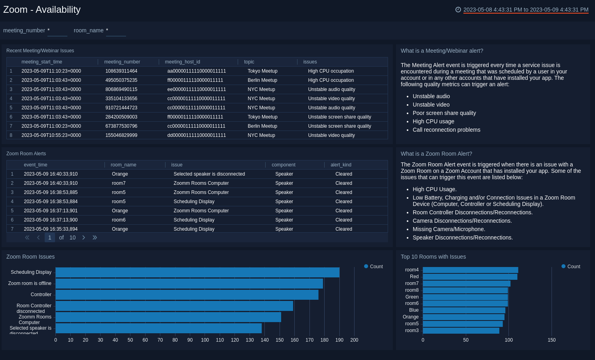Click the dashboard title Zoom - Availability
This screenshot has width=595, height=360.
click(42, 10)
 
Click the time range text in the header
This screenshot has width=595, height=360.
click(526, 10)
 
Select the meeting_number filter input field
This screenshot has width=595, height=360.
click(57, 31)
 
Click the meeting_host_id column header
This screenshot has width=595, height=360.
click(182, 62)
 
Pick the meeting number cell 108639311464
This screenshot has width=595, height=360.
click(121, 71)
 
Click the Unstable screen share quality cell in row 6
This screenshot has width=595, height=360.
click(339, 117)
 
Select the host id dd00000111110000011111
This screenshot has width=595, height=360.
click(197, 135)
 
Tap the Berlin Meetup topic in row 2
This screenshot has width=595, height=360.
click(262, 80)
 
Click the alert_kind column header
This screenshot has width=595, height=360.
click(341, 165)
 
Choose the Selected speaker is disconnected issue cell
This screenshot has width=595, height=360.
click(209, 174)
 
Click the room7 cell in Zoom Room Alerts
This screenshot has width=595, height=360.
click(118, 183)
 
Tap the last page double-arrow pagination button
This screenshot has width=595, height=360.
click(95, 237)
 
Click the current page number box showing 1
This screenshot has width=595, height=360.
click(49, 237)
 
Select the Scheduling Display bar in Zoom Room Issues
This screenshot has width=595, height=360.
click(197, 272)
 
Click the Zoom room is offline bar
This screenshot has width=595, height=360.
click(189, 283)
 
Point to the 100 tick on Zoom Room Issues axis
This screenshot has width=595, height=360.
click(205, 340)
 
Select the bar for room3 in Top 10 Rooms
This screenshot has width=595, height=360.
click(461, 330)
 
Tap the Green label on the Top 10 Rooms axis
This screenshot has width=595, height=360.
click(412, 297)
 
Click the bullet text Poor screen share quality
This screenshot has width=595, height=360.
click(444, 113)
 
